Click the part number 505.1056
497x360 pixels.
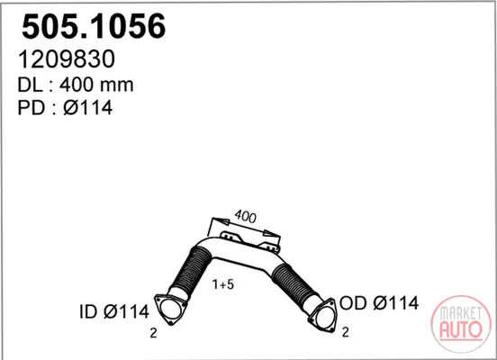point(94,26)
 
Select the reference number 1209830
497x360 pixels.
point(67,58)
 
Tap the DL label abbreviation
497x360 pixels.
point(30,85)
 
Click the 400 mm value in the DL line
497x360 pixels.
point(96,85)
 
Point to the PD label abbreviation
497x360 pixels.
point(31,108)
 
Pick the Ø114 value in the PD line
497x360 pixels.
point(88,108)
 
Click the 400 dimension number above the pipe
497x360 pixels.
point(245,216)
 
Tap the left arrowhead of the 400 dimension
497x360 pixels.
point(221,221)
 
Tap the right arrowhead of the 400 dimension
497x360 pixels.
point(271,234)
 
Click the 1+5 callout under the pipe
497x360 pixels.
point(223,284)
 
